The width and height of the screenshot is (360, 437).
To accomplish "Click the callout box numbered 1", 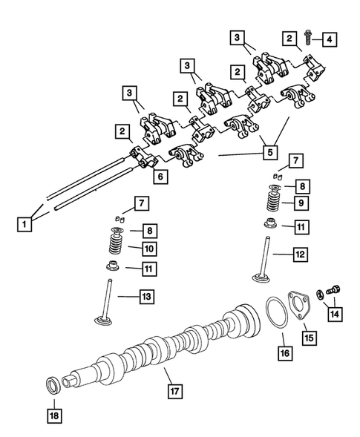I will pyautogui.click(x=25, y=220).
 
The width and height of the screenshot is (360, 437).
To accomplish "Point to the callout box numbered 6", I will pyautogui.click(x=157, y=176).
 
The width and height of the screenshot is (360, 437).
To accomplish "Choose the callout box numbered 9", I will pyautogui.click(x=298, y=203).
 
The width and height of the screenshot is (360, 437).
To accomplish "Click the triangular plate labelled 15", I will pyautogui.click(x=297, y=309).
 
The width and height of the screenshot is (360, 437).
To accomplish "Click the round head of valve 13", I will pyautogui.click(x=105, y=321).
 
